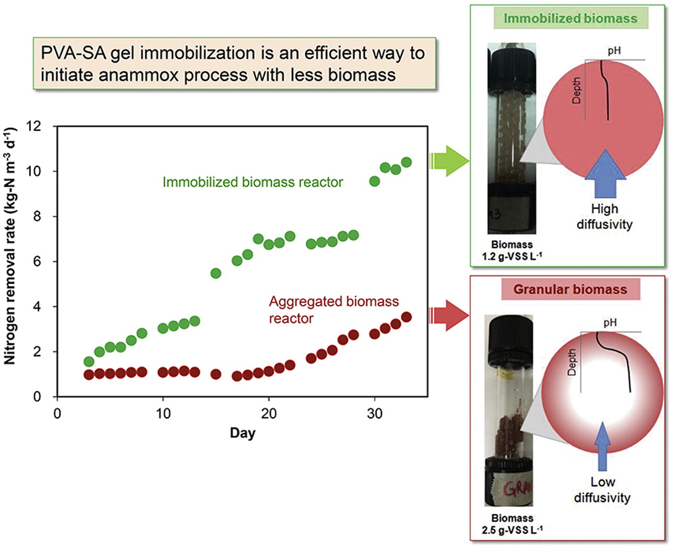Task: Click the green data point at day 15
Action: [216, 273]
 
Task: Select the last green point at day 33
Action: [406, 163]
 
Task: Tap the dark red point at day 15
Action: [216, 374]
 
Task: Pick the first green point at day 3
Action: [88, 362]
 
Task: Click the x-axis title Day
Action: [242, 434]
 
